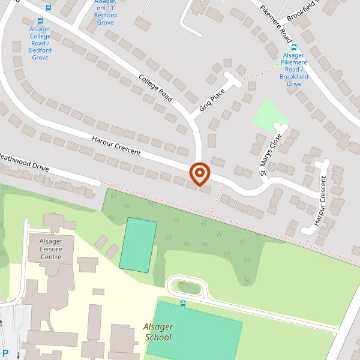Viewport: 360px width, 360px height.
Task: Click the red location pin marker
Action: (199, 173)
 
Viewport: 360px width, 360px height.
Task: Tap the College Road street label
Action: (155, 87)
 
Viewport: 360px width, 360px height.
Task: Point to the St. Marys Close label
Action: (271, 154)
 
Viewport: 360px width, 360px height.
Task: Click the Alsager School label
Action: (158, 332)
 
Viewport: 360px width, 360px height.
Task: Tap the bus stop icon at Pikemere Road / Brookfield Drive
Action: (294, 47)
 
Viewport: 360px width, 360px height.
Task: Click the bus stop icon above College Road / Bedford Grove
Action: (49, 8)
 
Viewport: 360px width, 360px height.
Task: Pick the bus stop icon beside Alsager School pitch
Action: (183, 303)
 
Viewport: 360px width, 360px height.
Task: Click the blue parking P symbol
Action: (5, 353)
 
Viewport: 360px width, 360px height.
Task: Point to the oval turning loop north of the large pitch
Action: (188, 288)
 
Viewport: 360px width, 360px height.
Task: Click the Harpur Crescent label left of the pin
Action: (116, 145)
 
